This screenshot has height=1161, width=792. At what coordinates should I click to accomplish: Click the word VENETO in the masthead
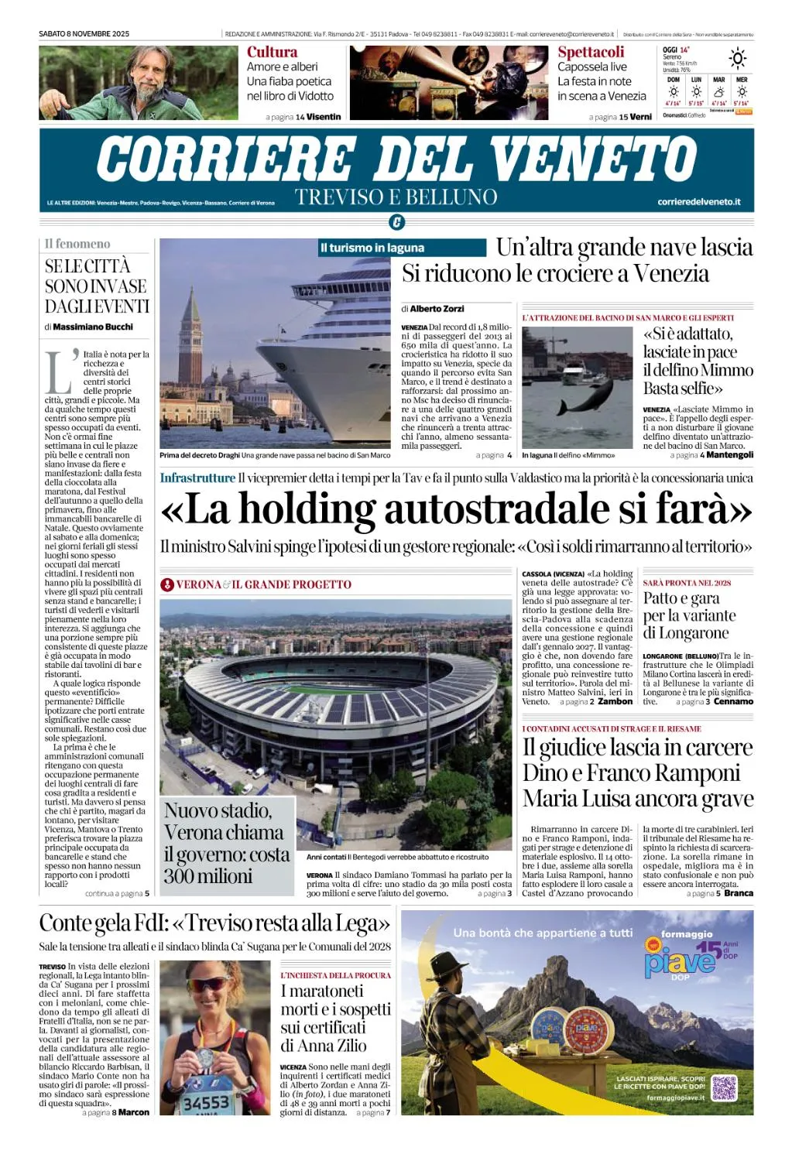coord(594,159)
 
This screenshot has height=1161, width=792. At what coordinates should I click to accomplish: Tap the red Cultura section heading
coord(272,52)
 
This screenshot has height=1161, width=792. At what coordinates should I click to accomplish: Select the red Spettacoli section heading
coord(591,52)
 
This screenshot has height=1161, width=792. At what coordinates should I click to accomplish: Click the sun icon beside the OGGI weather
coord(737,58)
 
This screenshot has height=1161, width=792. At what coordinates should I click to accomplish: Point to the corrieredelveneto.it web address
coord(698,202)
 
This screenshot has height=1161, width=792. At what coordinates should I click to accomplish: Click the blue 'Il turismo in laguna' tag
coord(372,248)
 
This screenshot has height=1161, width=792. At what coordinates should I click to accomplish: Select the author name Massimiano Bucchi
coord(93,327)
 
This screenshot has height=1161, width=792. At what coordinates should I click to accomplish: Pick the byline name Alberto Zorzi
coord(437,308)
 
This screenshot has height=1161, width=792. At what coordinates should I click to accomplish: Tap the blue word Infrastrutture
coord(197,478)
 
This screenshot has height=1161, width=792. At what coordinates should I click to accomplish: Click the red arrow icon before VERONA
coord(166,584)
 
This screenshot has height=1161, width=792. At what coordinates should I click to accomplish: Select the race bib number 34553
coord(205,1101)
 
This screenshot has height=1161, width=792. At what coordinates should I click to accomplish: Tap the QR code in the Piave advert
coord(724,1087)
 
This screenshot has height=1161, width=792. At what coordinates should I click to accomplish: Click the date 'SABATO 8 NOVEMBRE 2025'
coord(84,34)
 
